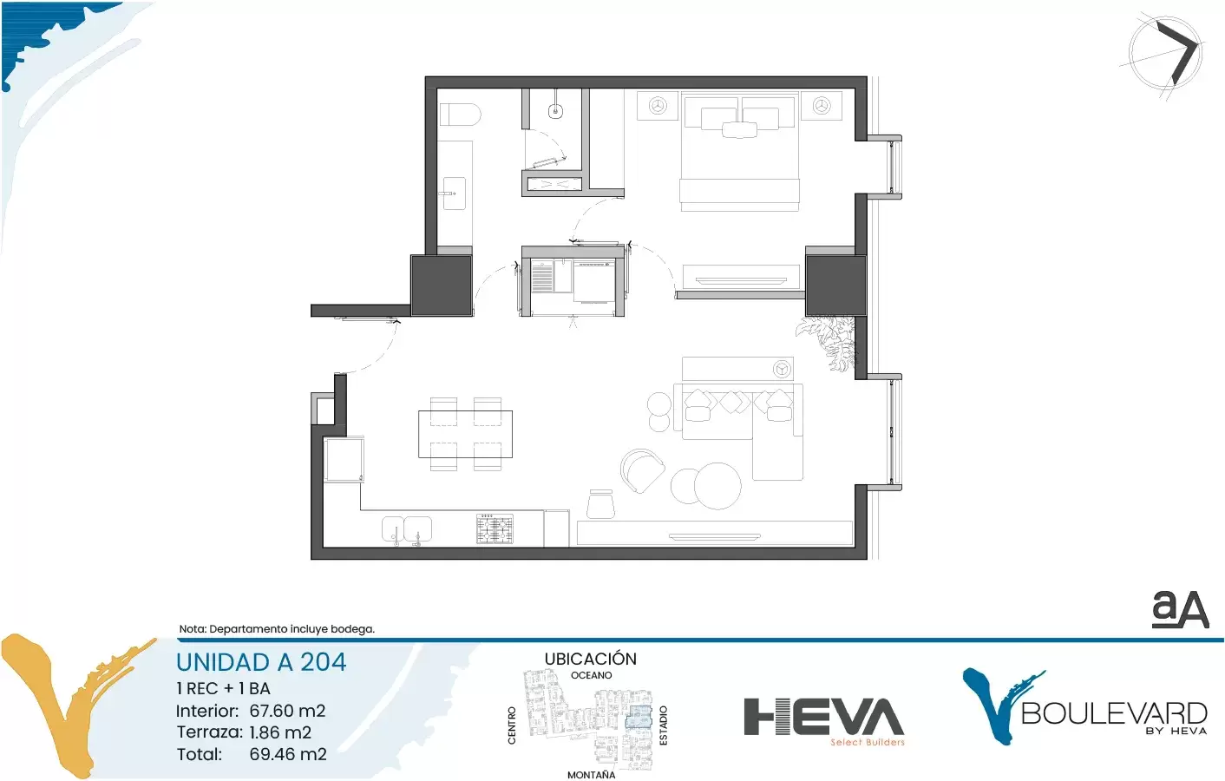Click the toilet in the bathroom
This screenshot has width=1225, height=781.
point(460,115)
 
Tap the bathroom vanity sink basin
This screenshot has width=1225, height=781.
point(454,193)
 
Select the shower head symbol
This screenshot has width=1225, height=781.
point(556,110)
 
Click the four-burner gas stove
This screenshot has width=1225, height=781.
point(495,528)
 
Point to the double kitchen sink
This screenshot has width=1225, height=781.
point(406,529)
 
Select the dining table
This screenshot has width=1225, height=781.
point(465,434)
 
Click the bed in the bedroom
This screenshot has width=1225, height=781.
point(739,153)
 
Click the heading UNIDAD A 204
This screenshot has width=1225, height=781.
point(261,662)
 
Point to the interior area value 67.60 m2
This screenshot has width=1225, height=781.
point(288,711)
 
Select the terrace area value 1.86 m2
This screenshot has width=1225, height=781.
point(280,732)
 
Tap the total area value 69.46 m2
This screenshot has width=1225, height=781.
point(288,754)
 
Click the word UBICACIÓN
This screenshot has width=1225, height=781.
point(591,659)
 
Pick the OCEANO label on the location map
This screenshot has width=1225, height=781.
point(591,675)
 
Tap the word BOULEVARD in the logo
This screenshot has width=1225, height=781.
point(1114,713)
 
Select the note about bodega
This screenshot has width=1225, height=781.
point(277,629)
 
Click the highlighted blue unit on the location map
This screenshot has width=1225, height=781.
point(639,717)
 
